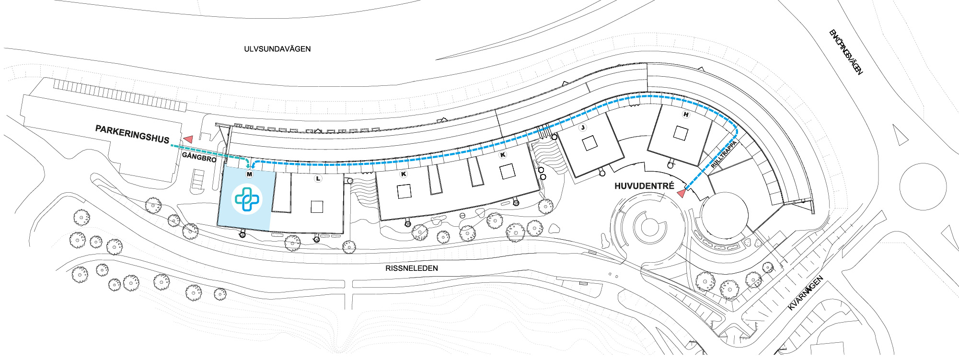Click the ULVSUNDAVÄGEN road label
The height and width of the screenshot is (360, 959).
click(277, 49)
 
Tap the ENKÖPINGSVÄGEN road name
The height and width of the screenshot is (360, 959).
click(846, 52)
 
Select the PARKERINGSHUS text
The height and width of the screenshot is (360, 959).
click(132, 134)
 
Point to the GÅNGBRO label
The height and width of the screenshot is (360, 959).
click(199, 157)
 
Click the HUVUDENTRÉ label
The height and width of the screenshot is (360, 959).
click(644, 186)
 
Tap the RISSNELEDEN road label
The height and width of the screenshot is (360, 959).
click(411, 268)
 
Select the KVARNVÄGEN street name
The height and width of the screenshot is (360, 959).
click(806, 293)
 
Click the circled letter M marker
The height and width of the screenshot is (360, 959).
click(249, 174)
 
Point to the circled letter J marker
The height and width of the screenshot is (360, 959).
click(583, 128)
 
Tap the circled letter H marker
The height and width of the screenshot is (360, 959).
click(686, 115)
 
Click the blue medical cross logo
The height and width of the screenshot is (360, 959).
click(247, 199)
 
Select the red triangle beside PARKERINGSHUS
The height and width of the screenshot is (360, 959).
click(188, 139)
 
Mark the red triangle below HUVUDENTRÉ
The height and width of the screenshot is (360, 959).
click(681, 193)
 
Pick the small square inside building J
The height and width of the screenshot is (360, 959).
click(589, 143)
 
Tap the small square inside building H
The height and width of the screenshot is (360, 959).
click(681, 133)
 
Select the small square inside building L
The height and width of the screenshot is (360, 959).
click(317, 207)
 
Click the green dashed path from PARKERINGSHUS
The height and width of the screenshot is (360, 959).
click(211, 153)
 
